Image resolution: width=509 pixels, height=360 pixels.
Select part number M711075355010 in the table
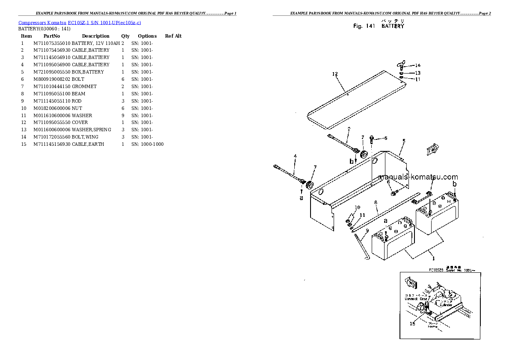pyautogui.click(x=52, y=43)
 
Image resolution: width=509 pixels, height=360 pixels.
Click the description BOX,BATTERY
pyautogui.click(x=88, y=72)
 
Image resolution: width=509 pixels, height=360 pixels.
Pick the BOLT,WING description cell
pyautogui.click(x=85, y=137)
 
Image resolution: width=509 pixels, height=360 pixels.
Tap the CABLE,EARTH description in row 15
pyautogui.click(x=88, y=145)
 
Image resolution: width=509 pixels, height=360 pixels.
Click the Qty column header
pyautogui.click(x=125, y=36)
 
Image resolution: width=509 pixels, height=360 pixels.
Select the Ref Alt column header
pyautogui.click(x=173, y=36)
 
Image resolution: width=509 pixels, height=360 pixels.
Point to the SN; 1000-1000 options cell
pyautogui.click(x=147, y=145)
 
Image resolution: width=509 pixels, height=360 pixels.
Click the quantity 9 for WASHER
pyautogui.click(x=123, y=115)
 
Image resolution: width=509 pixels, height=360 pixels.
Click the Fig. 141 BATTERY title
pyautogui.click(x=379, y=26)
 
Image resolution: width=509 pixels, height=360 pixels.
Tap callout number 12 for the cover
pyautogui.click(x=335, y=74)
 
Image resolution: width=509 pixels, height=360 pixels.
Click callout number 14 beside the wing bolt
pyautogui.click(x=417, y=65)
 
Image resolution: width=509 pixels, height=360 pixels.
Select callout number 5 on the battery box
pyautogui.click(x=404, y=141)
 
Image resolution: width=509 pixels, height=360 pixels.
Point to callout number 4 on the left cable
pyautogui.click(x=295, y=156)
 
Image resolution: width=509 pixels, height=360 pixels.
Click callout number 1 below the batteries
pyautogui.click(x=433, y=258)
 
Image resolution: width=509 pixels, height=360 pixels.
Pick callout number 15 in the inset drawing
pyautogui.click(x=412, y=324)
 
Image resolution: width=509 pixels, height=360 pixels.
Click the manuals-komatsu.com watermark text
pyautogui.click(x=418, y=177)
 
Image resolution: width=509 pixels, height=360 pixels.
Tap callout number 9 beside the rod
pyautogui.click(x=367, y=230)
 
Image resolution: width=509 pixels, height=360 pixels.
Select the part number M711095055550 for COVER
pyautogui.click(x=52, y=123)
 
